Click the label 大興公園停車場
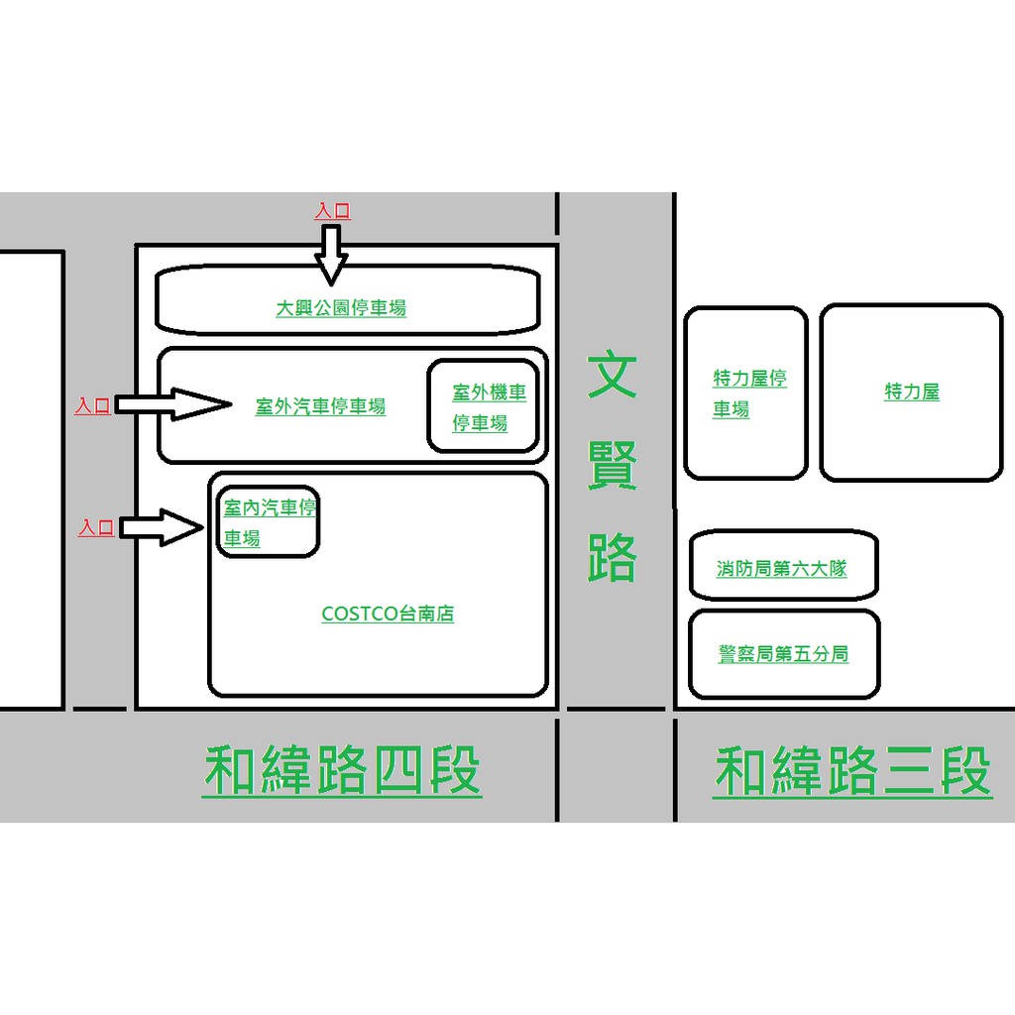(x=341, y=308)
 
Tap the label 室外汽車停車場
(x=320, y=406)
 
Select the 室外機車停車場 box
(x=484, y=406)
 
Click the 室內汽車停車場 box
(x=268, y=522)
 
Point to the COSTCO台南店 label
(x=388, y=615)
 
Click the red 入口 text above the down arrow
(x=332, y=211)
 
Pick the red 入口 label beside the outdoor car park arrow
(x=93, y=406)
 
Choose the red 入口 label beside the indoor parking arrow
(x=97, y=528)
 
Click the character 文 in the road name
(x=612, y=375)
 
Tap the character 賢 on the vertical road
(x=612, y=466)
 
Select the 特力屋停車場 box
(x=746, y=393)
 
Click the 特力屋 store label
(x=912, y=392)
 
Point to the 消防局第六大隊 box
(x=783, y=567)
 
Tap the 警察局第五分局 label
(x=783, y=654)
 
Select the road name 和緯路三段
(x=852, y=772)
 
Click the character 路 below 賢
(x=612, y=557)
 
